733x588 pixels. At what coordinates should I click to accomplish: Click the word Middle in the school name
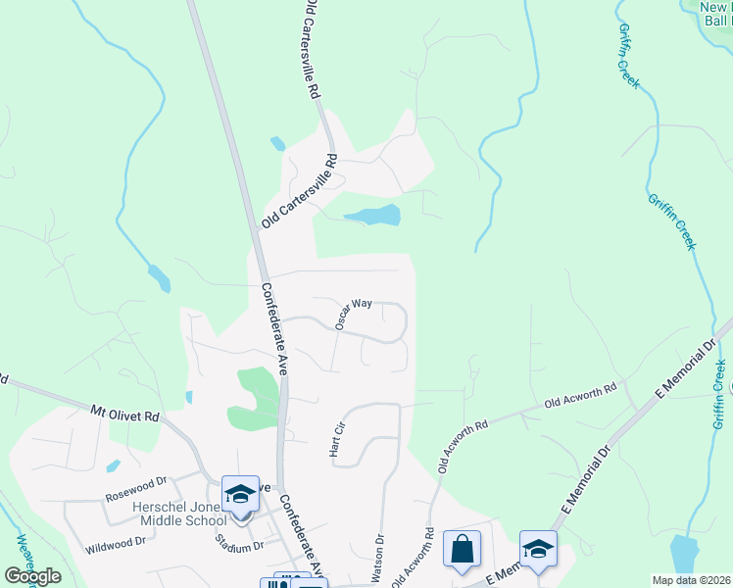point(160,520)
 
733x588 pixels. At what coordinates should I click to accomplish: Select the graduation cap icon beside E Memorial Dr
point(538,550)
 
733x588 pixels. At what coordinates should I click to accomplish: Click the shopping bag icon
point(462,550)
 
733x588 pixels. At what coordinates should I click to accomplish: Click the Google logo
point(32,576)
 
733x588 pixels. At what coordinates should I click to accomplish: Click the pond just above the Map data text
point(684,553)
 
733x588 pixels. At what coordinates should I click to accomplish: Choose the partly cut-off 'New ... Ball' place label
point(715,13)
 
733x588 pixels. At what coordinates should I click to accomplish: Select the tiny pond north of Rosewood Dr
point(114,465)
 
